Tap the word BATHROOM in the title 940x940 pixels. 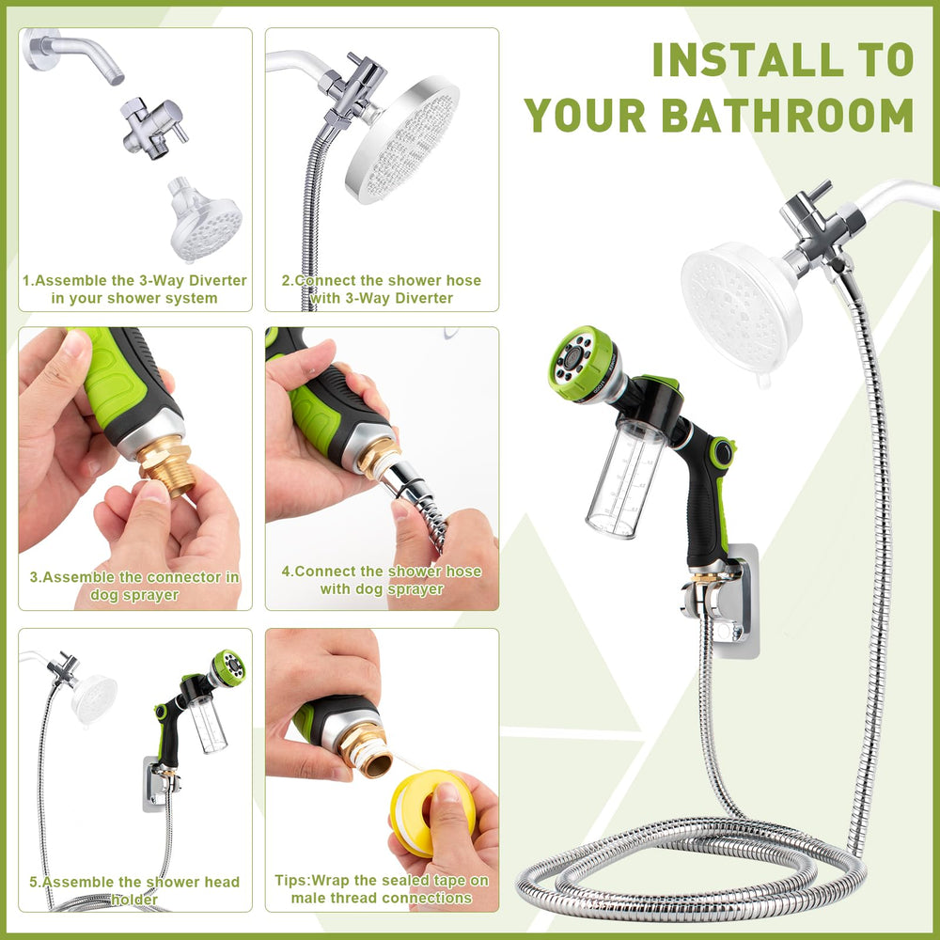click(x=787, y=115)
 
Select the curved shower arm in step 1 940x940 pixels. click(x=72, y=53)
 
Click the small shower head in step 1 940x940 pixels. click(x=204, y=219)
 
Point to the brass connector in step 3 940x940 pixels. click(x=166, y=465)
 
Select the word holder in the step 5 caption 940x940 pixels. click(x=134, y=900)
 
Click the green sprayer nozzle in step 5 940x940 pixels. click(x=229, y=667)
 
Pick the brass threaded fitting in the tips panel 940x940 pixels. click(x=367, y=749)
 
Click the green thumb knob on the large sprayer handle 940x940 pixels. click(x=722, y=453)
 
